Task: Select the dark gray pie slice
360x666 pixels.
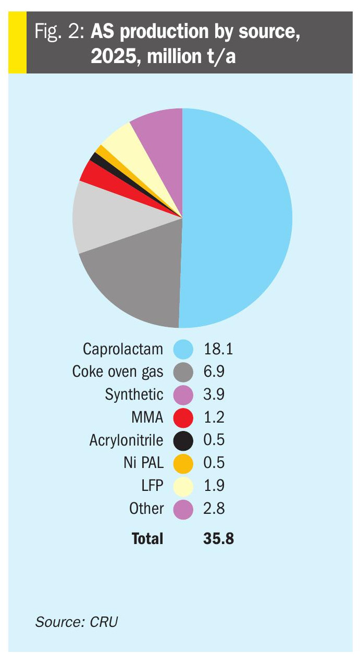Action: (135, 281)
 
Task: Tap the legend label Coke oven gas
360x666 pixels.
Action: (118, 372)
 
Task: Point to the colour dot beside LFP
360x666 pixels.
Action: (183, 485)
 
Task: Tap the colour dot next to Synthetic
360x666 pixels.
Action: (183, 394)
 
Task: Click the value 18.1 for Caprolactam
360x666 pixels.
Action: (218, 349)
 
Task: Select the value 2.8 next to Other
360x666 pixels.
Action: (214, 508)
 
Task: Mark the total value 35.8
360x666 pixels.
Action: (218, 538)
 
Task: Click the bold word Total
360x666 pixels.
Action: (147, 538)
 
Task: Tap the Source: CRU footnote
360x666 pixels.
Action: (77, 622)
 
